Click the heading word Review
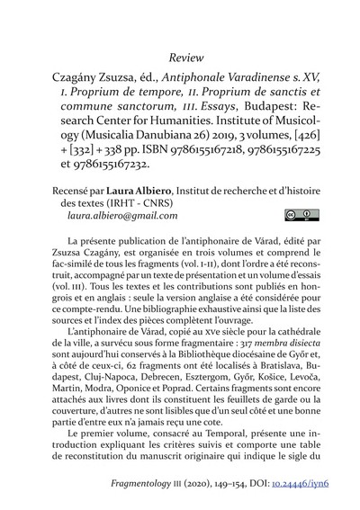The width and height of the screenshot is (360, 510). coord(180,59)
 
